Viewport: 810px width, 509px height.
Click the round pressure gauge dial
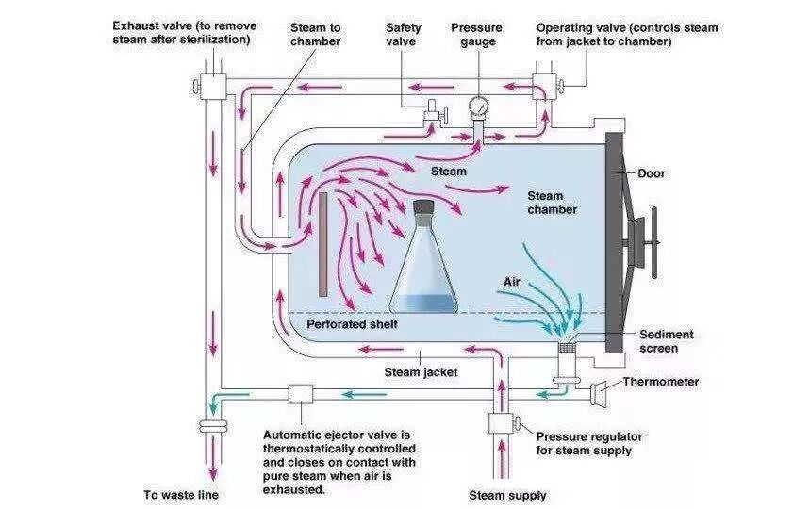[x=479, y=105]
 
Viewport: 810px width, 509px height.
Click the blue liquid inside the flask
[x=423, y=304]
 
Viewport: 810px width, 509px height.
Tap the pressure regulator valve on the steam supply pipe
[x=501, y=423]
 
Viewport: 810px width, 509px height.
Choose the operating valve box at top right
[x=546, y=86]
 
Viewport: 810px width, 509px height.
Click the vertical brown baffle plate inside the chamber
[x=323, y=243]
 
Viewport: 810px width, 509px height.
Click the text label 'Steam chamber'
[x=552, y=203]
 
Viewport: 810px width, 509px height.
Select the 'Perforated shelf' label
[x=352, y=324]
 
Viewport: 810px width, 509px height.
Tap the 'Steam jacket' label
[x=421, y=371]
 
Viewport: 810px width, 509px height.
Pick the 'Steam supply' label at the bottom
[x=507, y=495]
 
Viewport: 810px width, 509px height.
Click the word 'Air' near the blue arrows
[x=512, y=281]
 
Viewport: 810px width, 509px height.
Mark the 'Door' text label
[x=652, y=173]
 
